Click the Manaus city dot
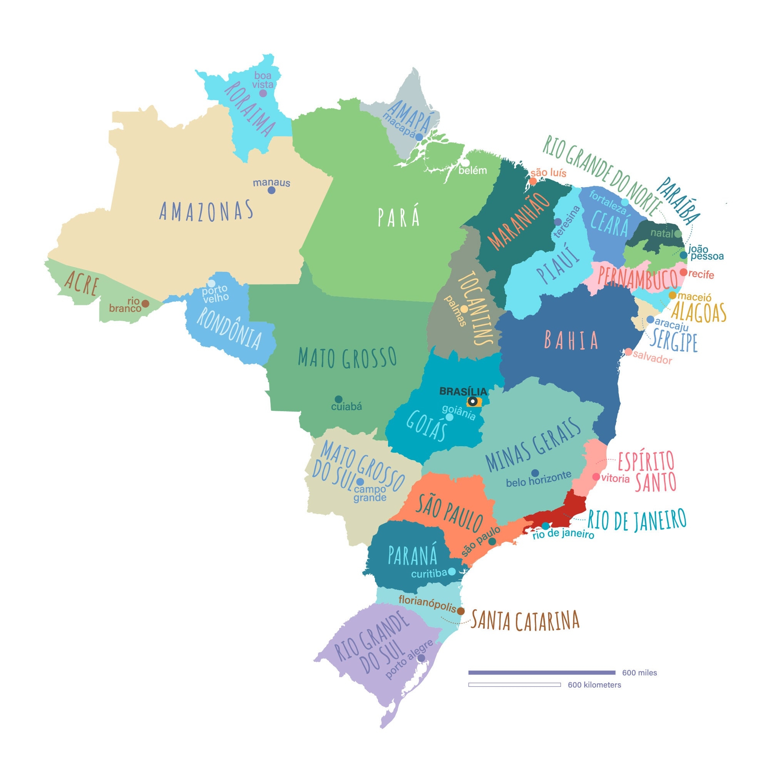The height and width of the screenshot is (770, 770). (x=271, y=190)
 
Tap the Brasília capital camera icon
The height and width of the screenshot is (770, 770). (x=473, y=401)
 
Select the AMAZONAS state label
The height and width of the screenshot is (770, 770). (x=206, y=211)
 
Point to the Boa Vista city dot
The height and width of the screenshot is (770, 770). (x=263, y=93)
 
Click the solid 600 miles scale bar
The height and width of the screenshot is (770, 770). (x=542, y=673)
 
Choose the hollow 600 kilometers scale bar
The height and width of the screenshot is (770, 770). (x=514, y=685)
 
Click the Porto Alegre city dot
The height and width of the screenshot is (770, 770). (x=421, y=658)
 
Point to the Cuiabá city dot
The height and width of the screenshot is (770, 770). (x=338, y=399)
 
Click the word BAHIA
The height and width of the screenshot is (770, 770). (x=571, y=340)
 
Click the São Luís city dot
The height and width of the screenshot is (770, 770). (x=532, y=181)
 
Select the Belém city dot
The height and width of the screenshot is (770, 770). (x=465, y=163)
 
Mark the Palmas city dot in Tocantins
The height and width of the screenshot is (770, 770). (x=464, y=309)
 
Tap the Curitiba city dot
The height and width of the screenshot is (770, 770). (x=452, y=571)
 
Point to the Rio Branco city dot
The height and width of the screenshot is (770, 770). (x=146, y=304)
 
